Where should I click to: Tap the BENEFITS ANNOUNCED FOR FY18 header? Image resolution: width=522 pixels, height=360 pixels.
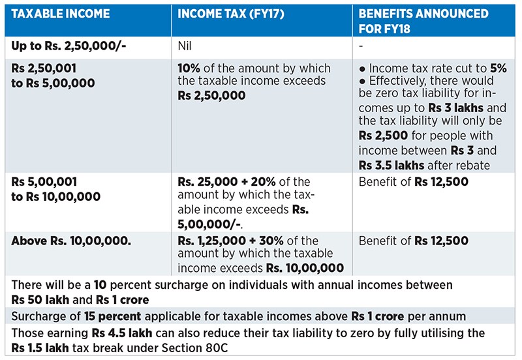(x=423, y=20)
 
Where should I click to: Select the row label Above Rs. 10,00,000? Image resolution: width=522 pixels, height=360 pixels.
(x=72, y=241)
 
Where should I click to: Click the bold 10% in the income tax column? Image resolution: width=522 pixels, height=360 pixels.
(x=190, y=68)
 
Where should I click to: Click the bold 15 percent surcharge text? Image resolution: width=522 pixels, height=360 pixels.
(x=115, y=316)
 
